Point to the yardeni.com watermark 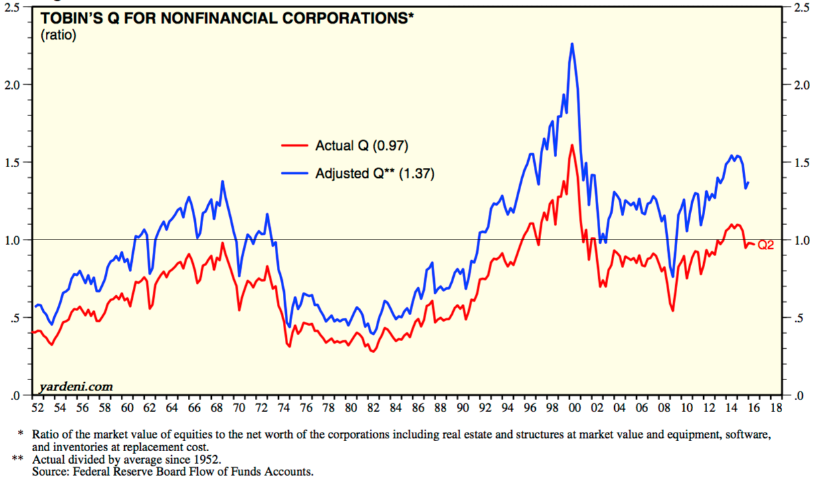[x=76, y=386]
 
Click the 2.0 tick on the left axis [x=13, y=84]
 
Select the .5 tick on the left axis [x=15, y=318]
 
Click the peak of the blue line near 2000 [x=572, y=44]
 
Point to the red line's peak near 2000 [x=572, y=145]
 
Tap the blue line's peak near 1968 [x=222, y=181]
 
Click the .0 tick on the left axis [x=15, y=396]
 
